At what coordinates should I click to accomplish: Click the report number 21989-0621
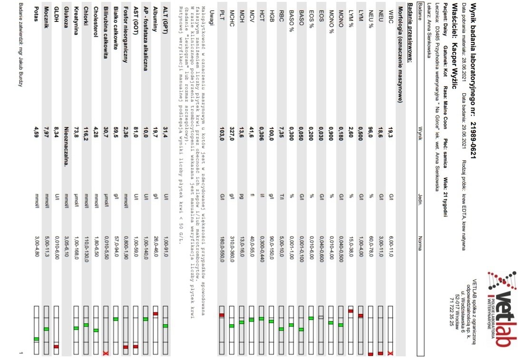click(x=472, y=138)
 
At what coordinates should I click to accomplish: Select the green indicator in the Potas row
click(x=37, y=339)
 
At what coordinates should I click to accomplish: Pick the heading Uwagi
click(x=212, y=18)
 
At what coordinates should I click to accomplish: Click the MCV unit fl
click(x=252, y=196)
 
